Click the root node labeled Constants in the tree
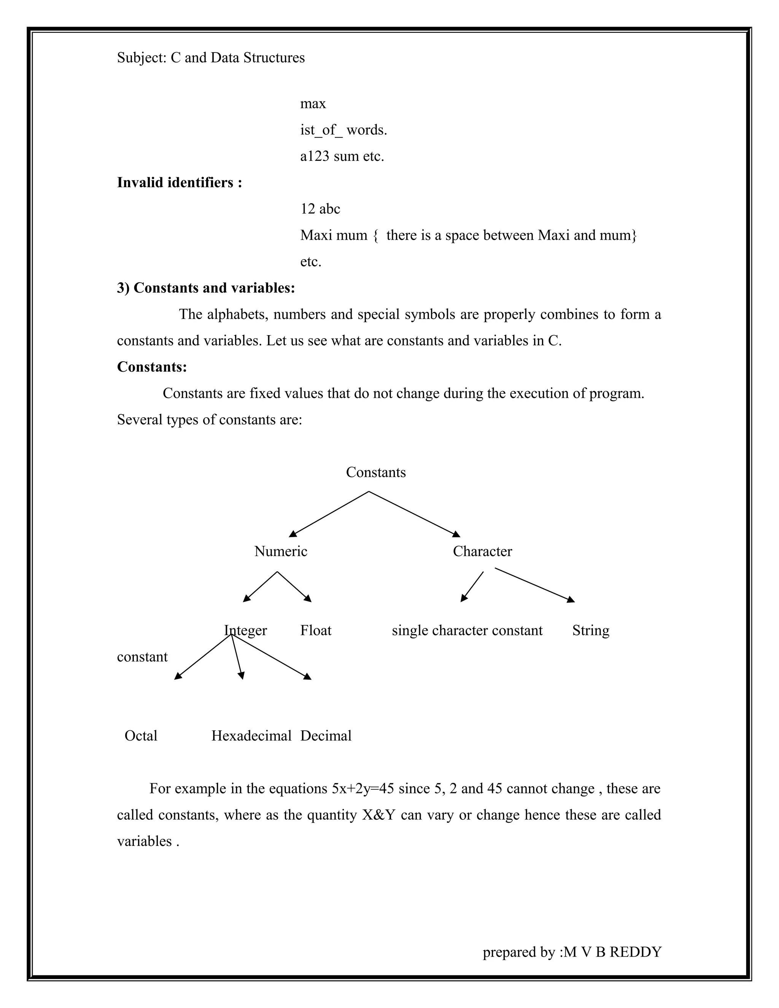pyautogui.click(x=376, y=472)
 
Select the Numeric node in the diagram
pyautogui.click(x=281, y=551)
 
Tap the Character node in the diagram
pyautogui.click(x=482, y=551)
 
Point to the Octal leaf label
pyautogui.click(x=141, y=735)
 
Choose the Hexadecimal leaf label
pyautogui.click(x=251, y=735)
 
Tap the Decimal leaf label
pyautogui.click(x=326, y=735)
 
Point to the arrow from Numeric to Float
pyautogui.click(x=294, y=587)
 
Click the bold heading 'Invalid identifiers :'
pyautogui.click(x=180, y=183)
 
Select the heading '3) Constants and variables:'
pyautogui.click(x=206, y=288)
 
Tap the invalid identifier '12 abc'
pyautogui.click(x=320, y=209)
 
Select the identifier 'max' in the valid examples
pyautogui.click(x=313, y=104)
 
